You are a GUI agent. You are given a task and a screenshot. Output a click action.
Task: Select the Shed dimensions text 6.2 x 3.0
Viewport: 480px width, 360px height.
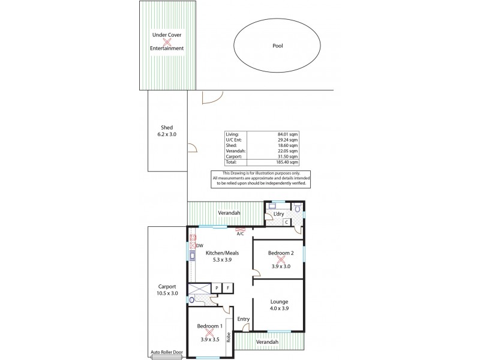167,135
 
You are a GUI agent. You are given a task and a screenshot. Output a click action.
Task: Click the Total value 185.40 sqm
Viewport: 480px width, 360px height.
286,163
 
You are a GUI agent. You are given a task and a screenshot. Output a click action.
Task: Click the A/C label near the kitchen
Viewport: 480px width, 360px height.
240,234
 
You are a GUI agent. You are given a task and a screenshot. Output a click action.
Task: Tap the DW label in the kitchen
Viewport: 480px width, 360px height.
199,245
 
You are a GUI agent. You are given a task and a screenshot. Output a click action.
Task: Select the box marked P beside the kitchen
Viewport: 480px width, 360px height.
217,289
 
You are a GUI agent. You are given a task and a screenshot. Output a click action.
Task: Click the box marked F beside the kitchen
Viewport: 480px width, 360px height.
227,289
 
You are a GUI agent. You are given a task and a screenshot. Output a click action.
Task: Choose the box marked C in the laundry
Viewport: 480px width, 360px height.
287,223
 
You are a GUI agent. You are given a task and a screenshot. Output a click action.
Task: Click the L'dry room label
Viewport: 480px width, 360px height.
278,214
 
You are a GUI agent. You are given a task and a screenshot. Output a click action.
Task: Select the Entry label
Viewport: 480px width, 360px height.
243,319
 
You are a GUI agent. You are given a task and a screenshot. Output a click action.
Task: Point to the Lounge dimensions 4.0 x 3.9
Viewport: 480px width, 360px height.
279,310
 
